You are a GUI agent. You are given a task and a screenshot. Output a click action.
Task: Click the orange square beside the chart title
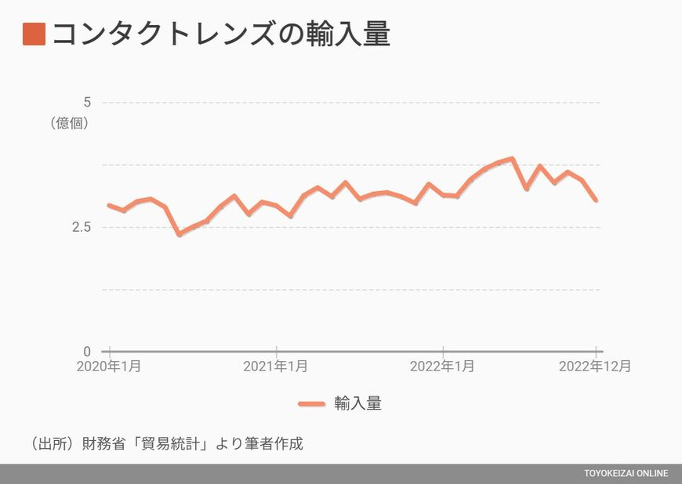[34, 34]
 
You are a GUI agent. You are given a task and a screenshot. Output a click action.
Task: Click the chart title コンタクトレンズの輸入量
[221, 34]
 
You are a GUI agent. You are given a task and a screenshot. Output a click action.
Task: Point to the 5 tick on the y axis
[87, 102]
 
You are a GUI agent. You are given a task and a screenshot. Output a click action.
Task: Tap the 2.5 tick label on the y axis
[82, 226]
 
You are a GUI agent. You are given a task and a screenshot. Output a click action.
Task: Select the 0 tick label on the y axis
[87, 351]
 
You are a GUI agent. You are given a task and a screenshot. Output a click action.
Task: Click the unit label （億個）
[69, 123]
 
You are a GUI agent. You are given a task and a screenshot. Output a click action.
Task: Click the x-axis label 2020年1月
[109, 367]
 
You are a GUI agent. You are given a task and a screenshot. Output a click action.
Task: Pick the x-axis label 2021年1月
[275, 367]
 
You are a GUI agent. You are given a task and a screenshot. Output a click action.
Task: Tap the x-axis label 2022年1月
[442, 367]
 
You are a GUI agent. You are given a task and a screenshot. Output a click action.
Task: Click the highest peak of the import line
[512, 158]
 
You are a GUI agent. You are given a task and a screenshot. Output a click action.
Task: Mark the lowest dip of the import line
[179, 234]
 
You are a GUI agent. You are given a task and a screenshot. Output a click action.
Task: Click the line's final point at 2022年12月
[597, 200]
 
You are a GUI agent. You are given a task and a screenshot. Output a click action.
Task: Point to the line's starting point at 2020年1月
[109, 205]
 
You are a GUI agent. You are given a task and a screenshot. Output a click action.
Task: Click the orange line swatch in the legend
[311, 403]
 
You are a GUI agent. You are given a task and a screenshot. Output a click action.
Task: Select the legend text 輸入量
[358, 403]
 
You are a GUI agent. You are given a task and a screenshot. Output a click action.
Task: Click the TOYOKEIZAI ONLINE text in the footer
[626, 474]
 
